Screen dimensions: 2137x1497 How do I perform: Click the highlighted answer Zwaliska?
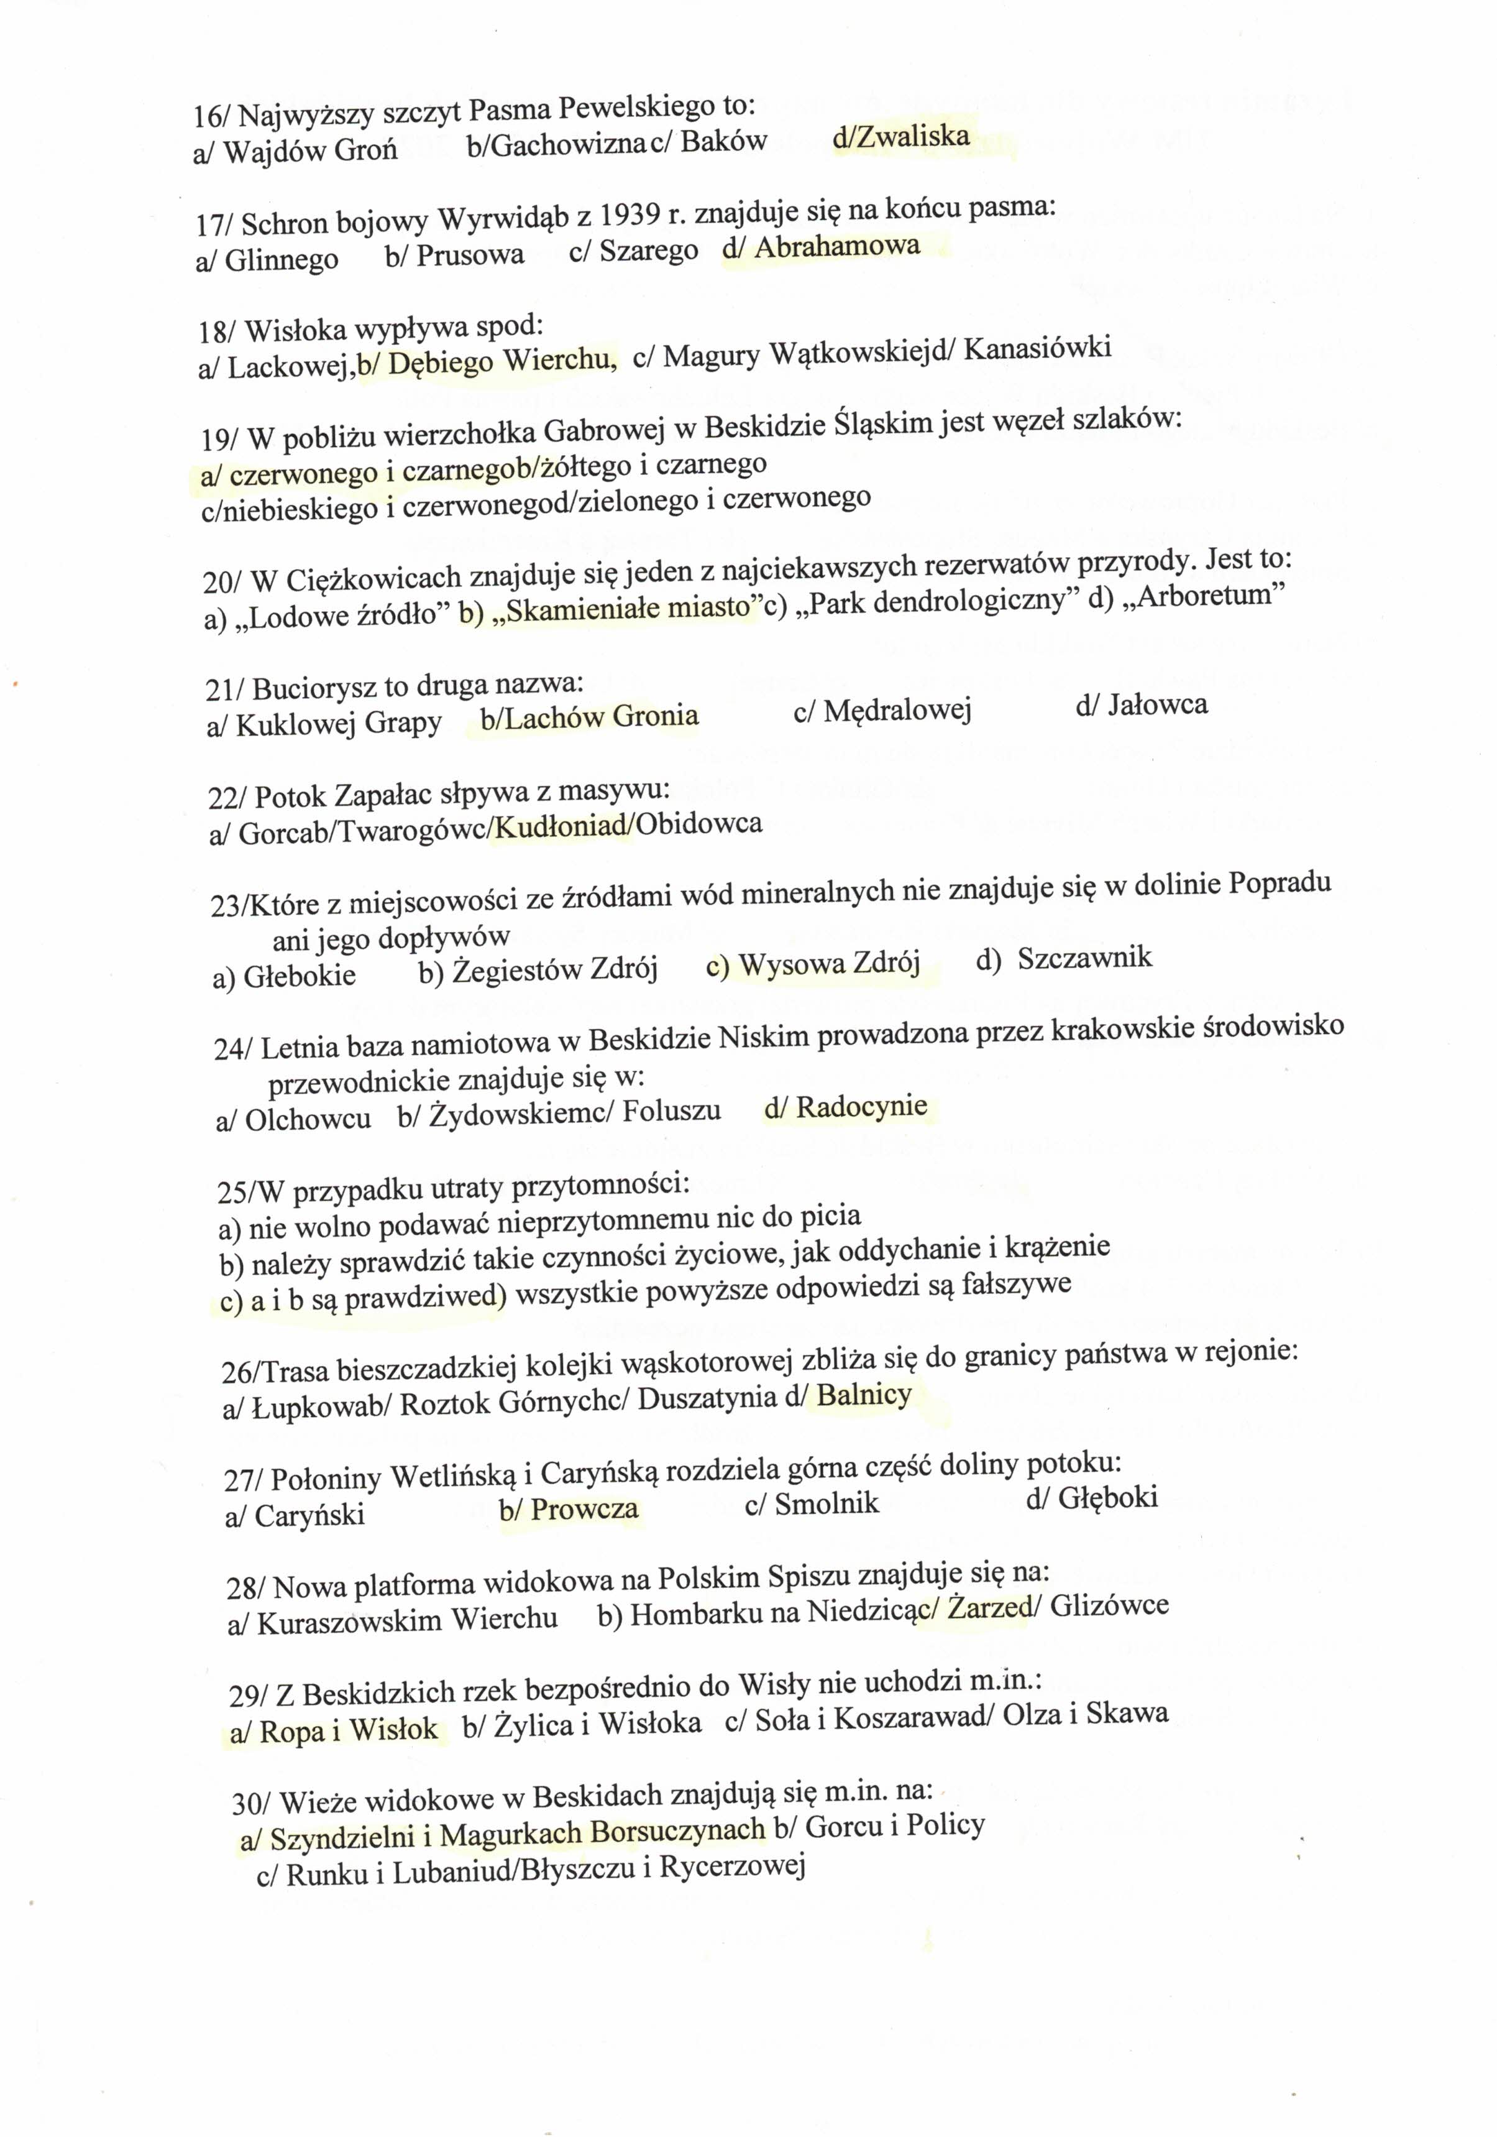pos(913,137)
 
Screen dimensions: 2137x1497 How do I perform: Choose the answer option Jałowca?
pos(1156,704)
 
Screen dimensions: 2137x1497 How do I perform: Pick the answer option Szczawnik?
pos(1084,958)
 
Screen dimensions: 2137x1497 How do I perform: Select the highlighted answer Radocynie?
pos(861,1107)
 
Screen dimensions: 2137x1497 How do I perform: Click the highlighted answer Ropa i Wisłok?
pos(347,1729)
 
